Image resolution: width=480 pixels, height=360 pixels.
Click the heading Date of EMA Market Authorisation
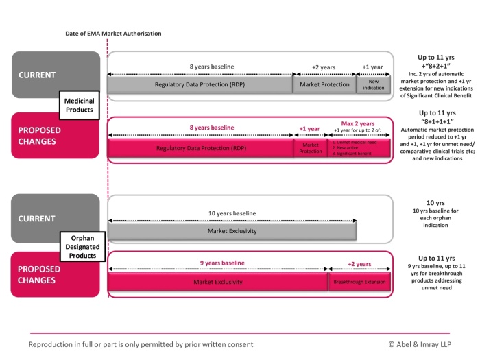click(113, 33)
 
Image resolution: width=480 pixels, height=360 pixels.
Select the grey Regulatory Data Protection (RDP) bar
click(200, 85)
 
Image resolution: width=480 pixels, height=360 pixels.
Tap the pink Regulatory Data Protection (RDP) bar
click(200, 147)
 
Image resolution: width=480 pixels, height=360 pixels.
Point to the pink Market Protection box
click(310, 147)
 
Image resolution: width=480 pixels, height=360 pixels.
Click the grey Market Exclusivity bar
click(231, 231)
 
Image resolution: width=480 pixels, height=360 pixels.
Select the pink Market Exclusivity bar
click(217, 282)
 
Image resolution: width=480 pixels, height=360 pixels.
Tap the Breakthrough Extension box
click(359, 282)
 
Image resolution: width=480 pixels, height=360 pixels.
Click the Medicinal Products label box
click(79, 105)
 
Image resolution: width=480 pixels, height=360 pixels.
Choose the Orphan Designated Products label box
click(79, 246)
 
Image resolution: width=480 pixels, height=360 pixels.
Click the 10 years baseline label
click(231, 213)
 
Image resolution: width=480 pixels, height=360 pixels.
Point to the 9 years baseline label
click(217, 263)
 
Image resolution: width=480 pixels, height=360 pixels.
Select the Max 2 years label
click(359, 123)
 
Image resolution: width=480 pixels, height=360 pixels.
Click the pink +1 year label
click(310, 128)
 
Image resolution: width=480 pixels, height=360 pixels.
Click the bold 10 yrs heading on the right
click(436, 203)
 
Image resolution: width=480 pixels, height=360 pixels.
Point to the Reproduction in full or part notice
click(141, 344)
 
